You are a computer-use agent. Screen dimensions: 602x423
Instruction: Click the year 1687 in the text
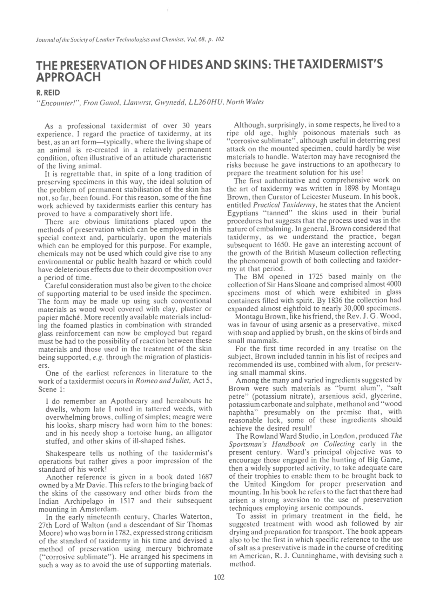coord(205,477)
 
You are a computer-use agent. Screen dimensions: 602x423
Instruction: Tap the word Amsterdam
coord(100,509)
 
